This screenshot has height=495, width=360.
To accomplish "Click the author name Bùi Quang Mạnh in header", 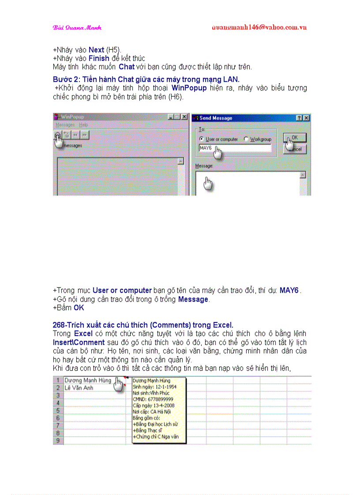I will (x=77, y=27).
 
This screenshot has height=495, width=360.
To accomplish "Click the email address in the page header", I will (x=259, y=27).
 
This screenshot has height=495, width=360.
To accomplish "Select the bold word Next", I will (x=96, y=50).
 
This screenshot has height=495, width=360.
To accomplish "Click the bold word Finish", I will (x=99, y=59).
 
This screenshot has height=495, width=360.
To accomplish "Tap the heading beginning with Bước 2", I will (x=146, y=79).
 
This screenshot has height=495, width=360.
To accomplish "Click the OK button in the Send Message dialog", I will (x=294, y=138).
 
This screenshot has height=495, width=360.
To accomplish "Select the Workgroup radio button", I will (x=247, y=139).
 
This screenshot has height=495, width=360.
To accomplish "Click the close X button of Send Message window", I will (x=306, y=118).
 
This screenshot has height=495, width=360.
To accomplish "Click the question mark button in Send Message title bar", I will (x=299, y=118).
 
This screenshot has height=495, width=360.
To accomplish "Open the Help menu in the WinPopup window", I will (x=83, y=125).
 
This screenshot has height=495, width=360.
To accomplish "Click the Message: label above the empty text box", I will (x=204, y=166).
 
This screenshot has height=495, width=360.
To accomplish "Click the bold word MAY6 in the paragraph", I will (x=289, y=290).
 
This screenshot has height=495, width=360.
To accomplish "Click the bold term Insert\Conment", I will (x=79, y=342).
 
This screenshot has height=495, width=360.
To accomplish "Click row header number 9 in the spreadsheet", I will (x=58, y=440).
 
